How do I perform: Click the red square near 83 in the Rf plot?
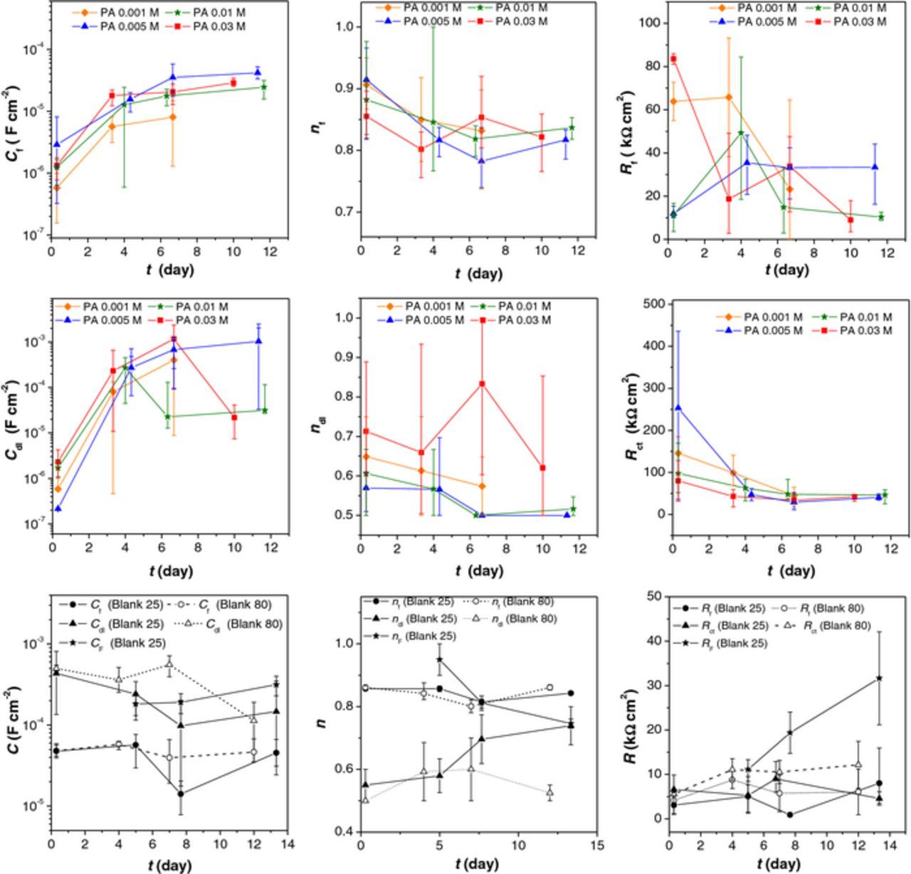click(673, 59)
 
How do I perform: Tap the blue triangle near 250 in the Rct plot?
click(678, 407)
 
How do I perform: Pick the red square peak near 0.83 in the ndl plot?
click(483, 384)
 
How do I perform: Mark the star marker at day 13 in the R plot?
click(880, 678)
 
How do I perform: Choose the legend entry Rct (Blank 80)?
click(835, 627)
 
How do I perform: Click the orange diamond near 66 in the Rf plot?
click(729, 97)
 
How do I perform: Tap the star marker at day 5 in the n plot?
click(440, 659)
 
